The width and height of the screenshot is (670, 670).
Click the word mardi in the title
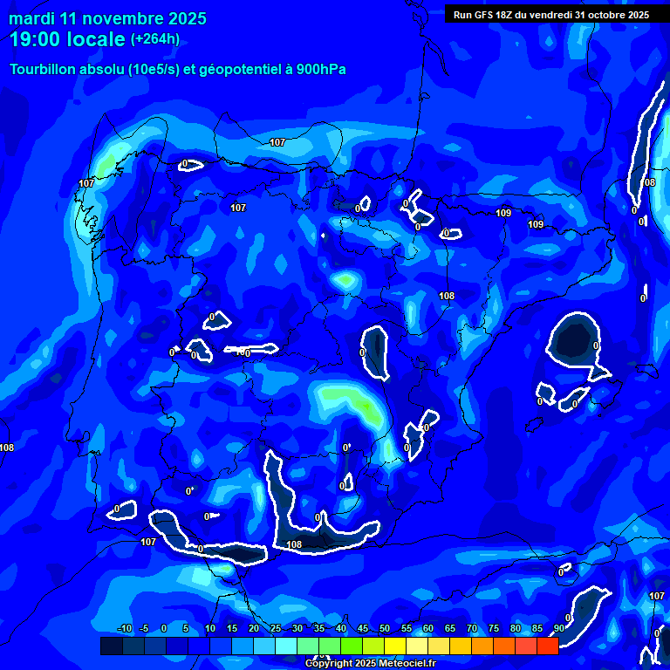pos(31,18)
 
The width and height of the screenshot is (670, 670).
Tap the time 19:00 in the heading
pos(38,39)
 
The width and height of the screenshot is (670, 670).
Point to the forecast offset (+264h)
pos(155,39)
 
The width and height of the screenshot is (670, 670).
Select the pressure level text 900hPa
pos(320,70)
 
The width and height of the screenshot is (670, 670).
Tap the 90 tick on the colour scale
pos(558,629)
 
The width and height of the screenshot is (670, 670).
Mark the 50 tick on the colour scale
pos(385,629)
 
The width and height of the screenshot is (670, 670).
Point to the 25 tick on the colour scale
pos(276,629)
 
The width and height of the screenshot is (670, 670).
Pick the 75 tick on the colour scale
pos(494,629)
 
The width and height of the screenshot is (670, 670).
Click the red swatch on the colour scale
pos(547,646)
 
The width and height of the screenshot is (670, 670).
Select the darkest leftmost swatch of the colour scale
pos(111,646)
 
